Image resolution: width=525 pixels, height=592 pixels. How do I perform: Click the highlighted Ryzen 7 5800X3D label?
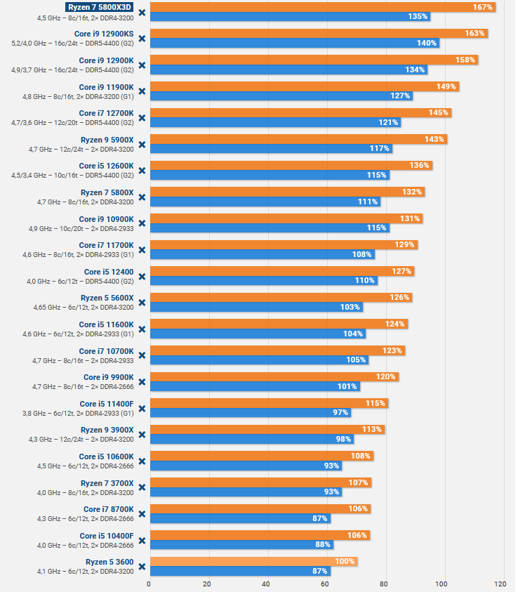click(x=99, y=7)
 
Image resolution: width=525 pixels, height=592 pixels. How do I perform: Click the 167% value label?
click(x=481, y=7)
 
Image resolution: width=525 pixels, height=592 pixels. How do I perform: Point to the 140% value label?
click(x=427, y=43)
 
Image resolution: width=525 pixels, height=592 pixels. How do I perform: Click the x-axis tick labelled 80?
click(x=383, y=584)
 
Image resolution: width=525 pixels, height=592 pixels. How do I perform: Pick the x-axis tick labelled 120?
click(x=500, y=584)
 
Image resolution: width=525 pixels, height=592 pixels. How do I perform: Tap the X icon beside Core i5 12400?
click(x=142, y=276)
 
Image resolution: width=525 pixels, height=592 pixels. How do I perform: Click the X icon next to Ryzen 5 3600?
click(x=142, y=566)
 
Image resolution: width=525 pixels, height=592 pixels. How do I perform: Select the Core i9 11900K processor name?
click(x=106, y=86)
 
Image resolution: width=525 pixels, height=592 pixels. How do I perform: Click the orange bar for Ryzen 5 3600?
click(x=253, y=561)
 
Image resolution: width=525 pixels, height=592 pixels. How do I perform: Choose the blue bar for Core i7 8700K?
click(x=239, y=518)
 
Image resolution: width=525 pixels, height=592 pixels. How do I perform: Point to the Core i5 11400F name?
click(x=106, y=403)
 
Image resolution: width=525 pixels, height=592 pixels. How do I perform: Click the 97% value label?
click(x=340, y=412)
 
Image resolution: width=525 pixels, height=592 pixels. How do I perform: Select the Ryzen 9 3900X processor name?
click(x=107, y=430)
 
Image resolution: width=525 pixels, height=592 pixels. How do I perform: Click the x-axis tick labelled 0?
click(x=149, y=584)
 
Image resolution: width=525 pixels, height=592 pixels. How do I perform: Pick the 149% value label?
click(x=446, y=86)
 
